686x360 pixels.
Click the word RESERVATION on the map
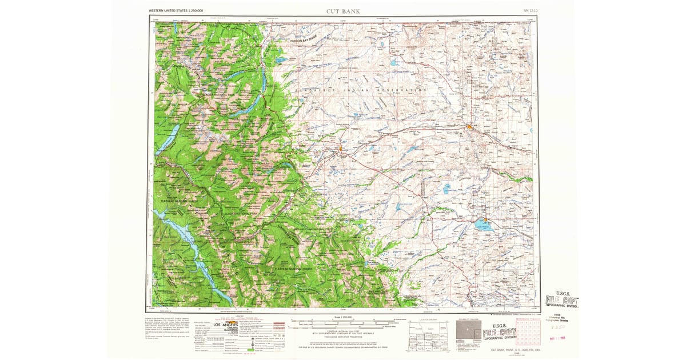pos(407,90)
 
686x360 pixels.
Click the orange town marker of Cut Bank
pos(469,127)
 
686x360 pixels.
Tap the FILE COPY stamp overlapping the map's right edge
pos(561,301)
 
